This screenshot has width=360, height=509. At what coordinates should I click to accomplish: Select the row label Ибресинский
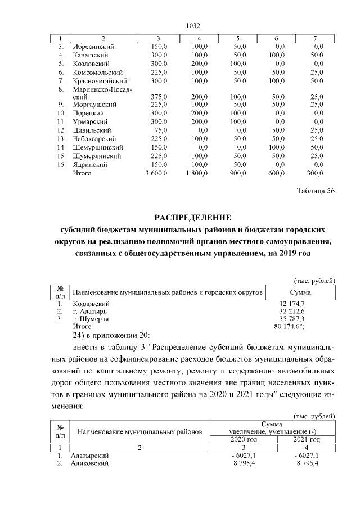[x=93, y=47]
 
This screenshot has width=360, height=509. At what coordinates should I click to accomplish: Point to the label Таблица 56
[x=316, y=191]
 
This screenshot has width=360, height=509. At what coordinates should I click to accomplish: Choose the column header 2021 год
[x=307, y=439]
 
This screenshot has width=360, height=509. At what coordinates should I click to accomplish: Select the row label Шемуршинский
[x=96, y=147]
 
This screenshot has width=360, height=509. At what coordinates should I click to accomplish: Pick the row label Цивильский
[x=92, y=130]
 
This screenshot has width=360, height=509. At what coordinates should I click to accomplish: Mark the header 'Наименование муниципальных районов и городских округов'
[x=168, y=292]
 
